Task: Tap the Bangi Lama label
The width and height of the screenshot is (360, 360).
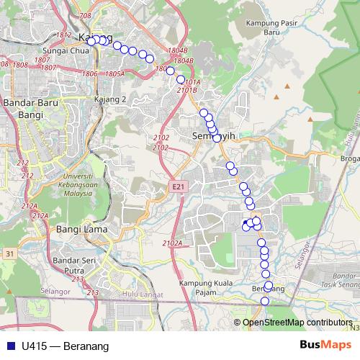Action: click(81, 230)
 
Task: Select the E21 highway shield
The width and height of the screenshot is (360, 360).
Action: click(178, 187)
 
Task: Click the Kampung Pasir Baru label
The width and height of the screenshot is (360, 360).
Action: click(261, 27)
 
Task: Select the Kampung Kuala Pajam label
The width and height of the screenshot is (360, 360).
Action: click(207, 288)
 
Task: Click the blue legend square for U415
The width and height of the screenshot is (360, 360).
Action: click(9, 346)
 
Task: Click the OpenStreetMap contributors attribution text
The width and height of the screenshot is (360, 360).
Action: click(297, 323)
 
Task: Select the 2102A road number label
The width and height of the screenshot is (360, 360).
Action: click(172, 243)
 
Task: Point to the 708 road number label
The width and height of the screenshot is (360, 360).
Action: click(86, 15)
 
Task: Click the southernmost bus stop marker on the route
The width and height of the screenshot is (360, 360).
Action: click(265, 301)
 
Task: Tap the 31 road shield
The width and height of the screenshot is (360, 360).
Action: click(9, 253)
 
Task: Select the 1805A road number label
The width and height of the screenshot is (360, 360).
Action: click(114, 73)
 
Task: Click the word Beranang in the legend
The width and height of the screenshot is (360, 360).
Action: click(86, 346)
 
